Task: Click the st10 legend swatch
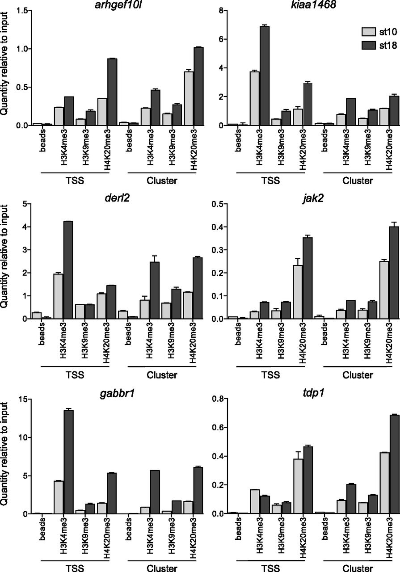point(369,32)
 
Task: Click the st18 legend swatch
point(369,45)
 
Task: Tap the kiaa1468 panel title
point(313,4)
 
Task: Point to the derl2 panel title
point(117,198)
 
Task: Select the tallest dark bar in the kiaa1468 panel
point(265,76)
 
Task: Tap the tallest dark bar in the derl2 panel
point(68,270)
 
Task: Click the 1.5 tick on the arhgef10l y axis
point(30,10)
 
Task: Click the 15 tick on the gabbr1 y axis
point(30,399)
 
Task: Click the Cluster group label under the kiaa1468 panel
point(358,181)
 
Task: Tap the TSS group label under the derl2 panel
point(75,374)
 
